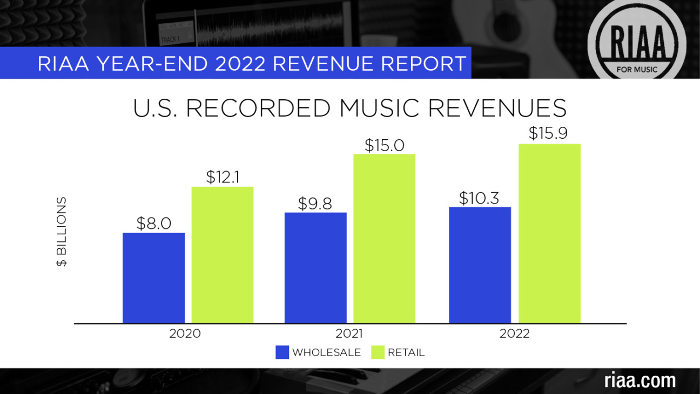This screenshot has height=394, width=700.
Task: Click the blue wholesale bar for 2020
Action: pyautogui.click(x=153, y=278)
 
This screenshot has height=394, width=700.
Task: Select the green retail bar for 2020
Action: pyautogui.click(x=222, y=255)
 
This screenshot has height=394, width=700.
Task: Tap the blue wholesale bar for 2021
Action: pyautogui.click(x=315, y=268)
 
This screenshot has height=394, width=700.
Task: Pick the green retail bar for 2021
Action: pyautogui.click(x=384, y=239)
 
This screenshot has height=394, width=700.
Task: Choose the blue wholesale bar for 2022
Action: pyautogui.click(x=480, y=265)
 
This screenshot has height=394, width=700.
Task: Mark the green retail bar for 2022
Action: pyautogui.click(x=549, y=234)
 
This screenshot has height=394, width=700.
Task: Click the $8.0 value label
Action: pyautogui.click(x=154, y=223)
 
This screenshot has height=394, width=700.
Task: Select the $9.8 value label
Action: pyautogui.click(x=315, y=203)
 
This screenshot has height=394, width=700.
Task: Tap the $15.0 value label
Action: pyautogui.click(x=384, y=145)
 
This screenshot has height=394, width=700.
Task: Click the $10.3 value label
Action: pyautogui.click(x=479, y=198)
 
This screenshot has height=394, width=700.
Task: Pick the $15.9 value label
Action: pyautogui.click(x=549, y=133)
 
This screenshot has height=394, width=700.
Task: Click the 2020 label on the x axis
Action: pyautogui.click(x=185, y=334)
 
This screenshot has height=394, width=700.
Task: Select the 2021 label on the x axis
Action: pyautogui.click(x=349, y=334)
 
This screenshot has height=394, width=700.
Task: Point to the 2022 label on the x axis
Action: pyautogui.click(x=514, y=334)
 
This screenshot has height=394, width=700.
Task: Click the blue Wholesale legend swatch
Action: pyautogui.click(x=282, y=352)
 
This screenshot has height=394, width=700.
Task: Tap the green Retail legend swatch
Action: pyautogui.click(x=378, y=352)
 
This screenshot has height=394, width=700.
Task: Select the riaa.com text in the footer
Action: pyautogui.click(x=640, y=380)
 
